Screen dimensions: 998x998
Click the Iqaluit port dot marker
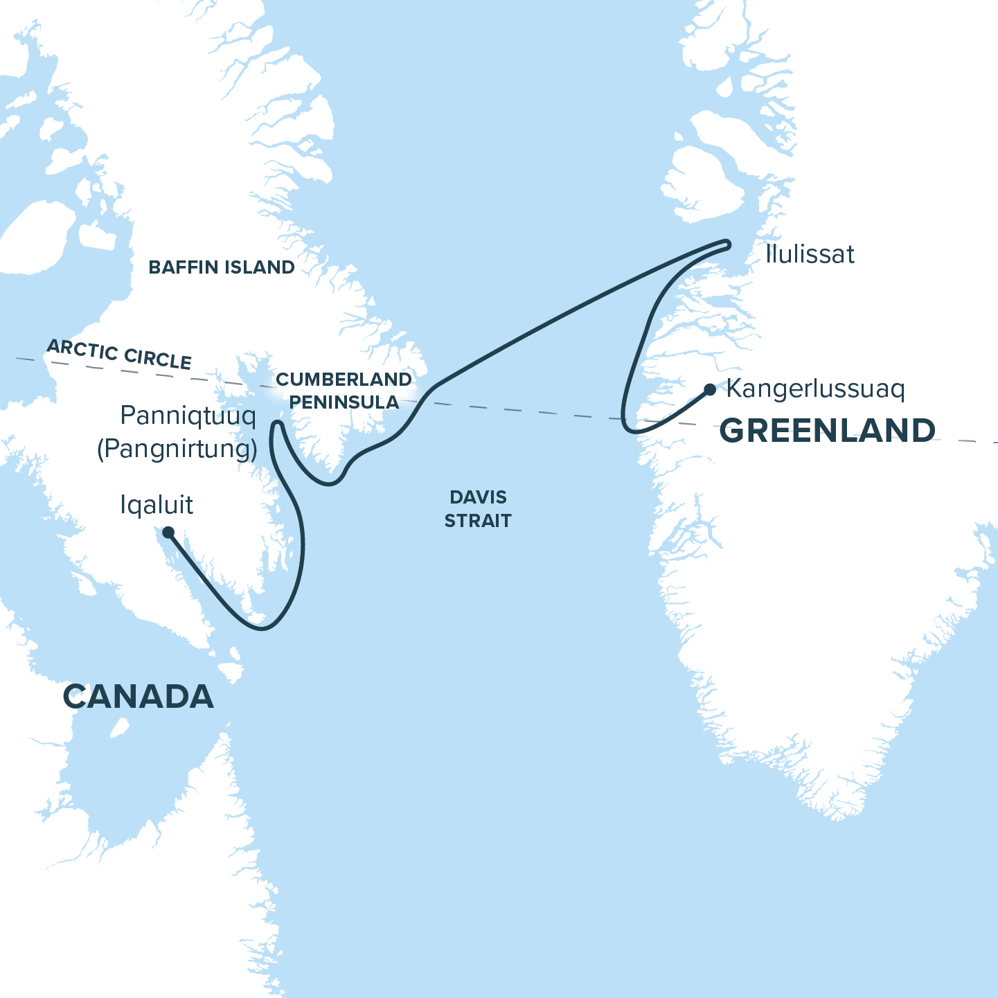pyautogui.click(x=168, y=533)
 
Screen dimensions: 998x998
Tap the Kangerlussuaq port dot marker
pyautogui.click(x=710, y=390)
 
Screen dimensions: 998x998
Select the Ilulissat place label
pyautogui.click(x=810, y=254)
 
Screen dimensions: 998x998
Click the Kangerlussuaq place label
pyautogui.click(x=815, y=389)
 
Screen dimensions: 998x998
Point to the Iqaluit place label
pyautogui.click(x=157, y=505)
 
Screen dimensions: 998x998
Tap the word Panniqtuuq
pyautogui.click(x=188, y=416)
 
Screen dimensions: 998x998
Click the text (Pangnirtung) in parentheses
pyautogui.click(x=177, y=449)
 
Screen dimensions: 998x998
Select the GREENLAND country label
pyautogui.click(x=828, y=430)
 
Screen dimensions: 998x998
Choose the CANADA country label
pyautogui.click(x=139, y=696)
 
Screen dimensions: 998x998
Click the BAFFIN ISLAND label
pyautogui.click(x=222, y=267)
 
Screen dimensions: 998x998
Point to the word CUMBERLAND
pyautogui.click(x=344, y=380)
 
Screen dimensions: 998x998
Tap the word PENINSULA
pyautogui.click(x=344, y=402)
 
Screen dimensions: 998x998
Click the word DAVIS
pyautogui.click(x=478, y=497)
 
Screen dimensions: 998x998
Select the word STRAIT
pyautogui.click(x=478, y=521)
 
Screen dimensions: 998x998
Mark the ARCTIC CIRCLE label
pyautogui.click(x=119, y=355)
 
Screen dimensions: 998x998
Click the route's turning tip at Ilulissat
pyautogui.click(x=727, y=243)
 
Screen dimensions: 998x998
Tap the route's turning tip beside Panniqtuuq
pyautogui.click(x=277, y=423)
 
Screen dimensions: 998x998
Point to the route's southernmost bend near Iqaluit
pyautogui.click(x=262, y=628)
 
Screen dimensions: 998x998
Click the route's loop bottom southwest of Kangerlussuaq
pyautogui.click(x=631, y=430)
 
